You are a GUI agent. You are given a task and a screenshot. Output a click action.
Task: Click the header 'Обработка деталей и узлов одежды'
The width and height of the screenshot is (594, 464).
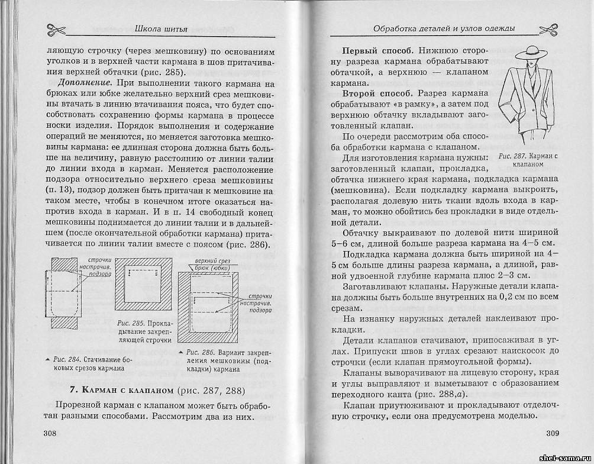tap(444, 28)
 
